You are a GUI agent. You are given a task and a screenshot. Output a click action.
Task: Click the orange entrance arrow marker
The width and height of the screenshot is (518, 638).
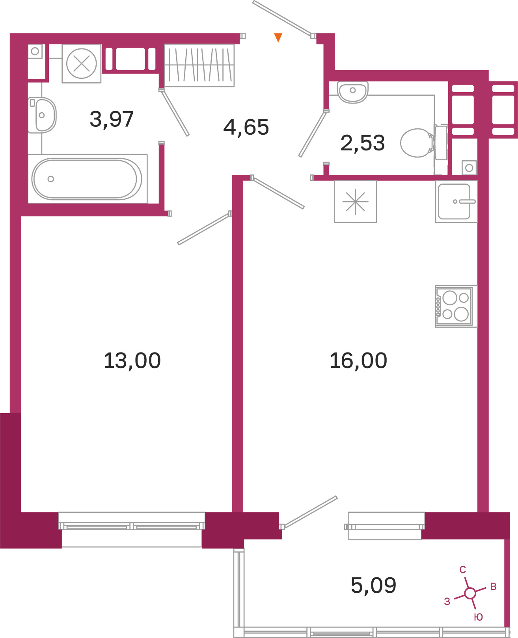pyautogui.click(x=278, y=37)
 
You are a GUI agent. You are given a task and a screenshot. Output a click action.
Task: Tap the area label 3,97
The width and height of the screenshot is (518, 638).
pyautogui.click(x=112, y=119)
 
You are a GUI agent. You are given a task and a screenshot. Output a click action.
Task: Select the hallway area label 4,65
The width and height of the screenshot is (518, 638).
pyautogui.click(x=246, y=127)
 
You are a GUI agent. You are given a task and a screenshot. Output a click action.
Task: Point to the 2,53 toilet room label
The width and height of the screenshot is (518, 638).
pyautogui.click(x=362, y=143)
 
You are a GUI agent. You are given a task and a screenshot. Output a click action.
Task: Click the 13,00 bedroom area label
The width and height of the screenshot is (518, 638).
pyautogui.click(x=132, y=361)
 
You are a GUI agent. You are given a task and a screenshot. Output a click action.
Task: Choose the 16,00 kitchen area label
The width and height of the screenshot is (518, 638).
pyautogui.click(x=358, y=361)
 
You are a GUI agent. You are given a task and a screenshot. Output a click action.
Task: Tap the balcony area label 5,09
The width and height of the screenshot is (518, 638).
pyautogui.click(x=373, y=586)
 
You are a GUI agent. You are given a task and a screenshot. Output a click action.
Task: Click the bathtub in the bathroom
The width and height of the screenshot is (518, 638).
pyautogui.click(x=87, y=179)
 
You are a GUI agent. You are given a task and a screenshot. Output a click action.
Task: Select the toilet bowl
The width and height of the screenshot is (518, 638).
pyautogui.click(x=423, y=143)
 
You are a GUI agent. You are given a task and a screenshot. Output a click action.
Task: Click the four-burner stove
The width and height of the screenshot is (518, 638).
pyautogui.click(x=456, y=306)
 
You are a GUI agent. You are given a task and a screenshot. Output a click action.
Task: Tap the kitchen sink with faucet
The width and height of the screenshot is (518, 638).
pyautogui.click(x=456, y=201)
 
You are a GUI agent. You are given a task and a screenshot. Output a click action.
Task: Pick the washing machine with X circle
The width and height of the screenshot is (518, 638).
pyautogui.click(x=82, y=63)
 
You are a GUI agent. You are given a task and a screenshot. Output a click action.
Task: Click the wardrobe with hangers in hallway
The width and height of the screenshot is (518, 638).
pyautogui.click(x=199, y=65)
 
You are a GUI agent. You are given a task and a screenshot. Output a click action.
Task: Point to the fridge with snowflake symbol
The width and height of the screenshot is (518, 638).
pyautogui.click(x=356, y=201)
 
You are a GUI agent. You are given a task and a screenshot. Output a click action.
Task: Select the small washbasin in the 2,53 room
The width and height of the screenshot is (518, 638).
pyautogui.click(x=353, y=92)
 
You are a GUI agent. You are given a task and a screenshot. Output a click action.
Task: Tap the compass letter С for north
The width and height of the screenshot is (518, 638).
pyautogui.click(x=462, y=569)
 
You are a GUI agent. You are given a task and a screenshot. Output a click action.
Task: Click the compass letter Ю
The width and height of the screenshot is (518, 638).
pyautogui.click(x=478, y=617)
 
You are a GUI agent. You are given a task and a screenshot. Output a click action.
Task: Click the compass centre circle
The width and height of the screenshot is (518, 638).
pyautogui.click(x=470, y=593)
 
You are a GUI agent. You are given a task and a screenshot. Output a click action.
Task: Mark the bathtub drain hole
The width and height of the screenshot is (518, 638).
pyautogui.click(x=51, y=179)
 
